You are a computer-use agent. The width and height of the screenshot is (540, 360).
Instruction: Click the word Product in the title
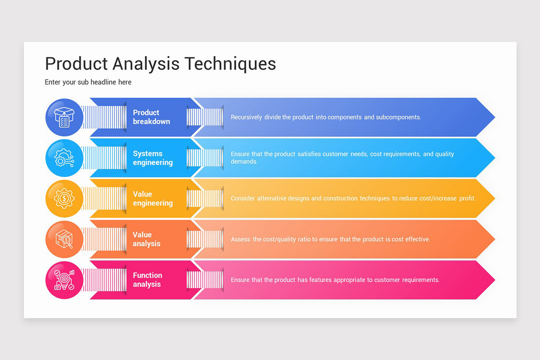click(x=76, y=64)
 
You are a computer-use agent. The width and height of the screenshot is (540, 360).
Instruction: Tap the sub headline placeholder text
click(x=88, y=82)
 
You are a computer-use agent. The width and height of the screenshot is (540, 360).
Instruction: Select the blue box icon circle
click(x=64, y=117)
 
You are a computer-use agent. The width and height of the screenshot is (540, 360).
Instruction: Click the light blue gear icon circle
click(x=64, y=158)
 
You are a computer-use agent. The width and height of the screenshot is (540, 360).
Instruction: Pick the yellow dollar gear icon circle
click(x=64, y=198)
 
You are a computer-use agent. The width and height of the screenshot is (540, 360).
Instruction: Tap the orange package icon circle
click(x=64, y=239)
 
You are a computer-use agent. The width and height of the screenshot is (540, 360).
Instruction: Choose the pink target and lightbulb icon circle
click(x=64, y=280)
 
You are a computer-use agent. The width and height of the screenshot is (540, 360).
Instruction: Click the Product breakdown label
click(x=151, y=117)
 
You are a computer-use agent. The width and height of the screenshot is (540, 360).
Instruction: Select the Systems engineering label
click(x=153, y=158)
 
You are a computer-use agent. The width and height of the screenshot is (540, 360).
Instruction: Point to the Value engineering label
click(x=153, y=198)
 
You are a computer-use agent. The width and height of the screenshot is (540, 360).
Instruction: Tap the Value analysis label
click(x=146, y=239)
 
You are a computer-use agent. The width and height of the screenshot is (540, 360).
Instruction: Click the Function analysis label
click(x=147, y=280)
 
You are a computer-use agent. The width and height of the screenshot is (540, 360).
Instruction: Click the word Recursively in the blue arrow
click(x=246, y=117)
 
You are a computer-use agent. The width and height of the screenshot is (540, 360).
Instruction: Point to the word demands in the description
click(x=244, y=162)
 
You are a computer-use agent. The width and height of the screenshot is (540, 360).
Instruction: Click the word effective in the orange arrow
click(x=418, y=239)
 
